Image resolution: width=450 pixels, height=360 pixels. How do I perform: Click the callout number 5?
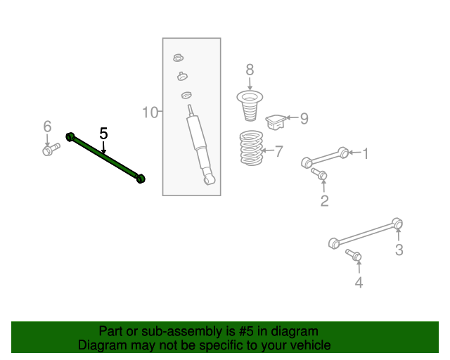pos(103,134)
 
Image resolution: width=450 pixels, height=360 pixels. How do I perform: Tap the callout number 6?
pos(47,127)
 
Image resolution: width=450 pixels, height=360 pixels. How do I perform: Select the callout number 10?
pos(150,112)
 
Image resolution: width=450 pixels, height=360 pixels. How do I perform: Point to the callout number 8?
pos(250,70)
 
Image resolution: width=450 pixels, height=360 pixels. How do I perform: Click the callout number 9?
pos(304,118)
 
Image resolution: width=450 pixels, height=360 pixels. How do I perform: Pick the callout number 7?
pos(279,151)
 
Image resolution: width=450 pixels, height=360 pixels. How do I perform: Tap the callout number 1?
pos(366,153)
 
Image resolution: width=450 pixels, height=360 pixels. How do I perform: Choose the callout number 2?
pos(325,200)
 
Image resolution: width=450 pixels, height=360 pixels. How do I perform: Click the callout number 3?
pos(399,250)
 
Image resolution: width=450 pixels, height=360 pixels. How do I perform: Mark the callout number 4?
pos(359,282)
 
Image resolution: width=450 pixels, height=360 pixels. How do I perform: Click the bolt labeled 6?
pos(51,149)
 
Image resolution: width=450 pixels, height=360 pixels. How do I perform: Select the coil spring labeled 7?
pos(252,148)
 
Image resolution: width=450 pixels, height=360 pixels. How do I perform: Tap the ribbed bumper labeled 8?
pos(250,105)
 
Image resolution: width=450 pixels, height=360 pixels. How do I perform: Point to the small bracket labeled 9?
pos(276,122)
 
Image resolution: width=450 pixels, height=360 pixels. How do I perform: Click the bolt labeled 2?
pos(319,174)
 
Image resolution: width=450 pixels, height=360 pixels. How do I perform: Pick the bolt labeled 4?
pos(353,255)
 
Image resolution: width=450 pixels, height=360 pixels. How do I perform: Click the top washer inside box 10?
pos(179,58)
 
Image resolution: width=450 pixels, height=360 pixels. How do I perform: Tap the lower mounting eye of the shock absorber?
pos(209,180)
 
